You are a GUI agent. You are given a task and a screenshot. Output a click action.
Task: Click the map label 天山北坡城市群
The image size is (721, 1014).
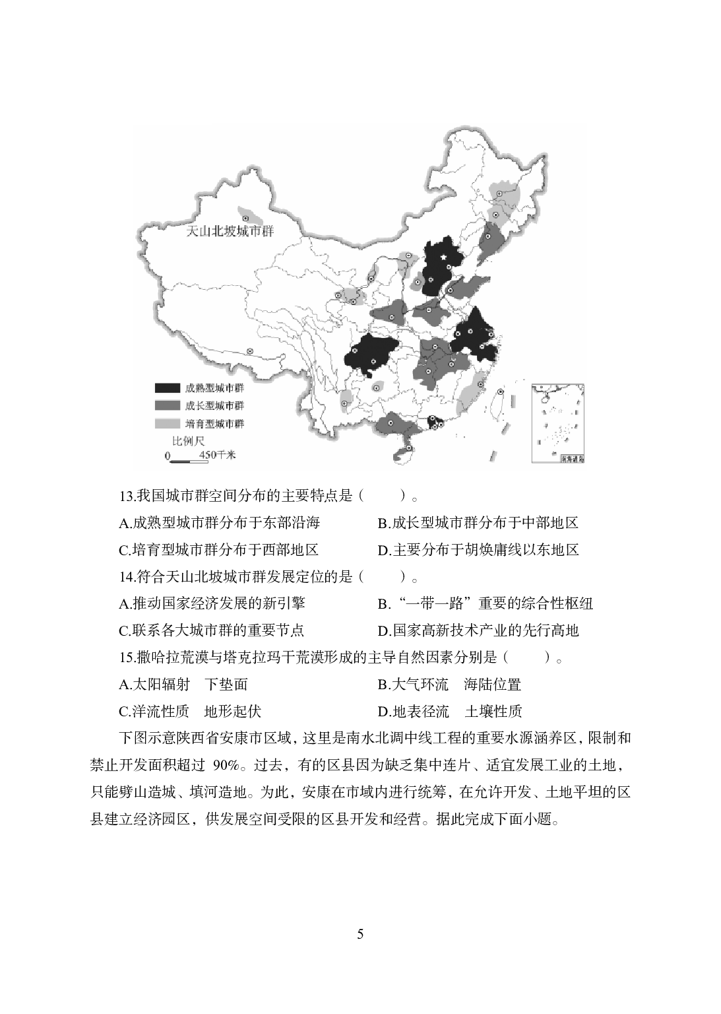click(231, 232)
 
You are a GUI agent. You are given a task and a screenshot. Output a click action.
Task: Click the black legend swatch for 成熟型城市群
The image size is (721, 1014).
click(167, 388)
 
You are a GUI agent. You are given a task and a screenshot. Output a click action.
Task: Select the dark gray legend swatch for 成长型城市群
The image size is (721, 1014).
click(167, 405)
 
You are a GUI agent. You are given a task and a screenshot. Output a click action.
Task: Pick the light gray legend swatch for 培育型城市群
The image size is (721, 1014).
click(167, 423)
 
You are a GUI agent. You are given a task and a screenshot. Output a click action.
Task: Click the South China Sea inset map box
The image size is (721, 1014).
click(558, 422)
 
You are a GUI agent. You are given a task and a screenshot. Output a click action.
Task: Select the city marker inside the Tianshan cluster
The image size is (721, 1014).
click(246, 217)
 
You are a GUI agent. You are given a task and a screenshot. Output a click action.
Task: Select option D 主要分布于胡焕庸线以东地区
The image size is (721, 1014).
click(478, 550)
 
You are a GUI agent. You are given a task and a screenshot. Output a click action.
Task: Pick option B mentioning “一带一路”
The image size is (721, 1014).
click(486, 603)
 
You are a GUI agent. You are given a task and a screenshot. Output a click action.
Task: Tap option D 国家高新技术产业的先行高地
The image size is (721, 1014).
click(478, 630)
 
